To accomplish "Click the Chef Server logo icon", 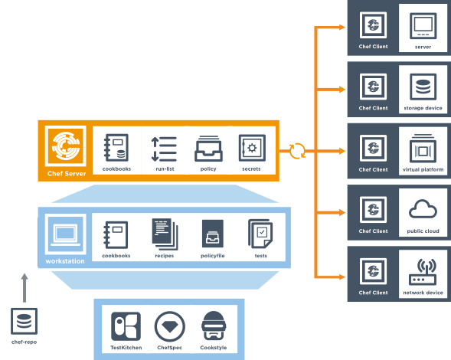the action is click(x=66, y=146).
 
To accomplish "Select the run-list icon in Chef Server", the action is click(x=164, y=149).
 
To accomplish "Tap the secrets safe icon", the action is click(x=252, y=148).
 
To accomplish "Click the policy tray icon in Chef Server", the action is click(x=208, y=149).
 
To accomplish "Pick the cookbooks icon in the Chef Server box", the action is click(x=116, y=147).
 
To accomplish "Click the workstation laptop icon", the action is click(x=65, y=234).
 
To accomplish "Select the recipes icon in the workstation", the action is click(x=165, y=234).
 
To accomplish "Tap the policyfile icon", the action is click(x=213, y=234).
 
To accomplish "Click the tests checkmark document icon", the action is click(x=260, y=234).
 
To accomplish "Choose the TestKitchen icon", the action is click(x=126, y=326).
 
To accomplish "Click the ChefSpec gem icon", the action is click(x=170, y=326).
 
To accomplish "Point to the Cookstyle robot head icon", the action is click(x=214, y=326).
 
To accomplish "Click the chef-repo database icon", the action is click(x=25, y=321).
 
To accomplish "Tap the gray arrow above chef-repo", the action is click(x=25, y=288).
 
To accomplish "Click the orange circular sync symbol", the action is click(x=297, y=151).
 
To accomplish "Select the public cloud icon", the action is click(x=423, y=208).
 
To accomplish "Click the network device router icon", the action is click(x=423, y=272).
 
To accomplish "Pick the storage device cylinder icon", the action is click(x=423, y=87).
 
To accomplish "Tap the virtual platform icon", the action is click(x=423, y=149).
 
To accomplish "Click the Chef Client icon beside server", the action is click(x=373, y=25).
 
